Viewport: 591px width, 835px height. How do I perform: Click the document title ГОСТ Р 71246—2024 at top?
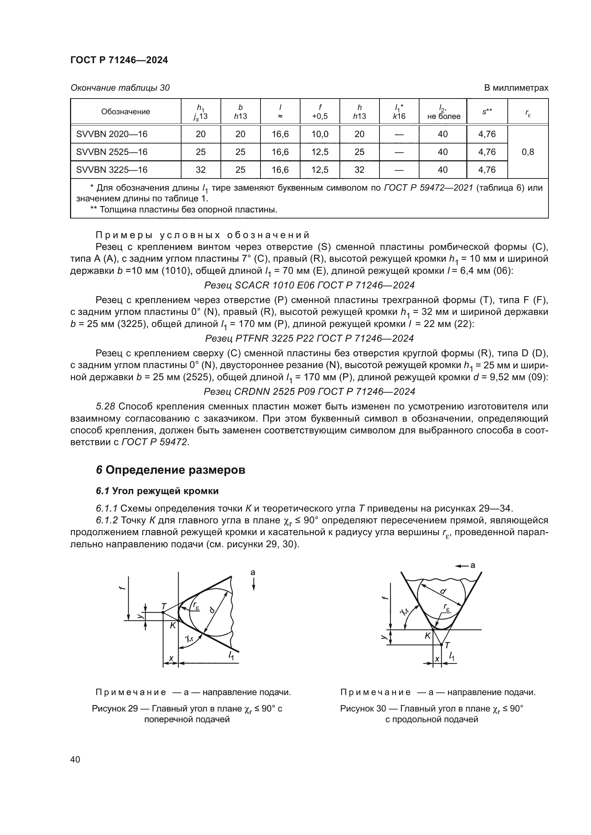click(x=119, y=60)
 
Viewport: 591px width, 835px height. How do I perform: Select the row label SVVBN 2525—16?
click(x=112, y=152)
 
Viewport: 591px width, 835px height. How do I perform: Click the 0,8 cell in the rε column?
click(x=528, y=152)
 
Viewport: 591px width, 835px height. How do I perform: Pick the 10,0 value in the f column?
click(x=320, y=134)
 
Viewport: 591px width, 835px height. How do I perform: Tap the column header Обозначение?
click(x=125, y=112)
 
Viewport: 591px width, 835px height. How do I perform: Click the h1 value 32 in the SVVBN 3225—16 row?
click(x=200, y=170)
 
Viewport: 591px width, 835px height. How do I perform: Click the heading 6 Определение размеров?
click(x=171, y=470)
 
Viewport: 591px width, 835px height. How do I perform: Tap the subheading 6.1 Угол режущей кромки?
click(x=157, y=491)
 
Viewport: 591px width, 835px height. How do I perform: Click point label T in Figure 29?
click(x=164, y=607)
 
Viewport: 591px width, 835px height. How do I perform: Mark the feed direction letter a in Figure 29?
click(x=253, y=573)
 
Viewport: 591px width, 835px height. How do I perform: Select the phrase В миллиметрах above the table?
click(x=516, y=88)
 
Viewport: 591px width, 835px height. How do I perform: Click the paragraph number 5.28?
click(x=106, y=407)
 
